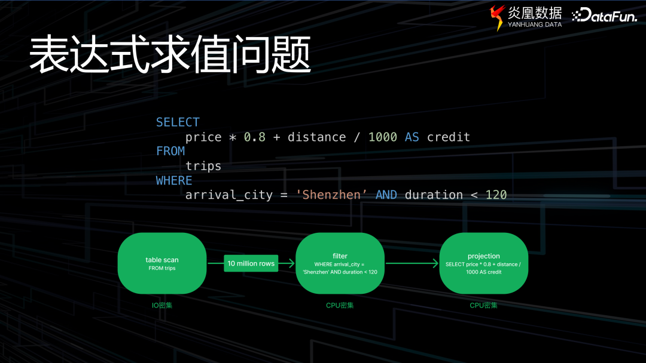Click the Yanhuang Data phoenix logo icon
pyautogui.click(x=497, y=17)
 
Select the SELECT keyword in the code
pyautogui.click(x=178, y=122)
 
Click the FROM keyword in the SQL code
pyautogui.click(x=170, y=151)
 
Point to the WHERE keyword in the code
pyautogui.click(x=174, y=180)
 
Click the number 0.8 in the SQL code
pyautogui.click(x=254, y=137)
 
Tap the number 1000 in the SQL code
pyautogui.click(x=383, y=137)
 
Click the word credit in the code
pyautogui.click(x=448, y=137)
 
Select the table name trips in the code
pyautogui.click(x=203, y=166)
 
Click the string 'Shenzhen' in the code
pyautogui.click(x=331, y=195)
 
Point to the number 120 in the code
pyautogui.click(x=496, y=195)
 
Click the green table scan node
pyautogui.click(x=162, y=263)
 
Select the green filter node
pyautogui.click(x=340, y=263)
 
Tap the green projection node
pyautogui.click(x=483, y=263)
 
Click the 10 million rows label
pyautogui.click(x=251, y=263)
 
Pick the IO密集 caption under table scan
pyautogui.click(x=162, y=306)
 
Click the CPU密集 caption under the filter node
pyautogui.click(x=340, y=306)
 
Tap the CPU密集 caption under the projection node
pyautogui.click(x=483, y=306)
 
